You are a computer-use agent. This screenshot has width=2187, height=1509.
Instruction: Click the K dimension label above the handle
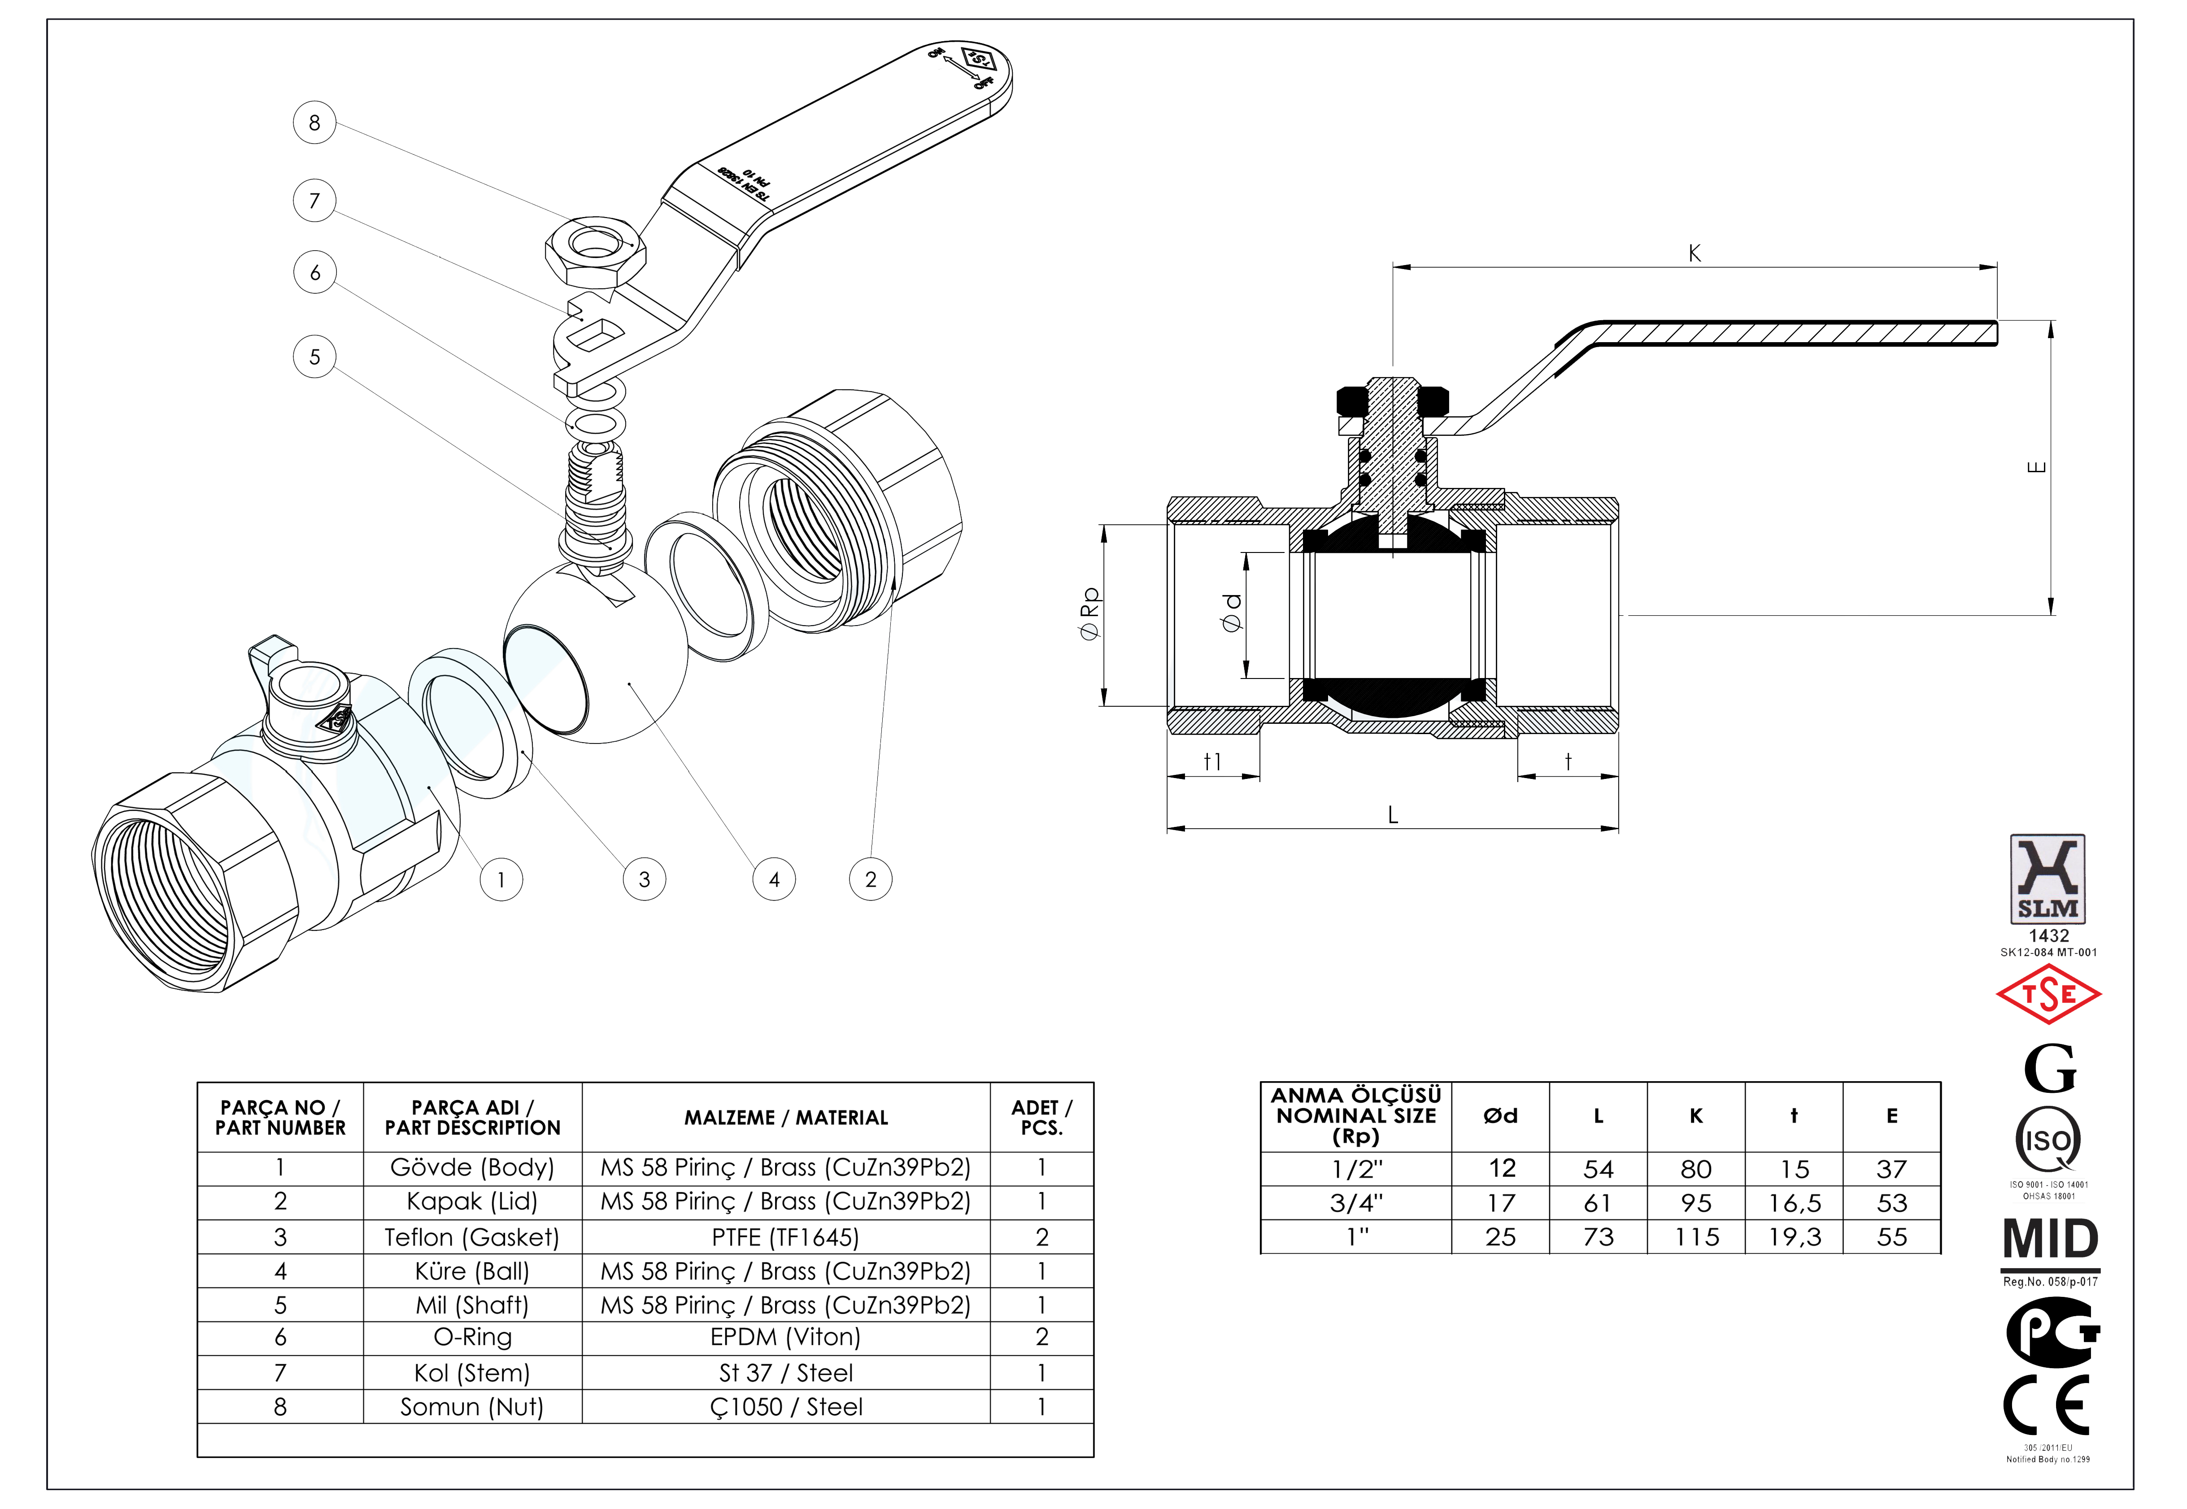[1695, 253]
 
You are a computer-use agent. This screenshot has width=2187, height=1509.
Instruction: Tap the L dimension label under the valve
[1393, 815]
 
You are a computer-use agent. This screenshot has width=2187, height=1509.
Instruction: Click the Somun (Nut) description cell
[472, 1407]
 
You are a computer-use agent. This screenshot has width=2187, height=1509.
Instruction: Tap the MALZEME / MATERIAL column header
[786, 1118]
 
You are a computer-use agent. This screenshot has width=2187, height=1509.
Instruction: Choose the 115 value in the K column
[1696, 1237]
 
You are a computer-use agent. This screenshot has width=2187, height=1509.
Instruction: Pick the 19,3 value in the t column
[1794, 1237]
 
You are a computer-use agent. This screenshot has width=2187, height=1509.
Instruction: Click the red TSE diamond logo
[2048, 995]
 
